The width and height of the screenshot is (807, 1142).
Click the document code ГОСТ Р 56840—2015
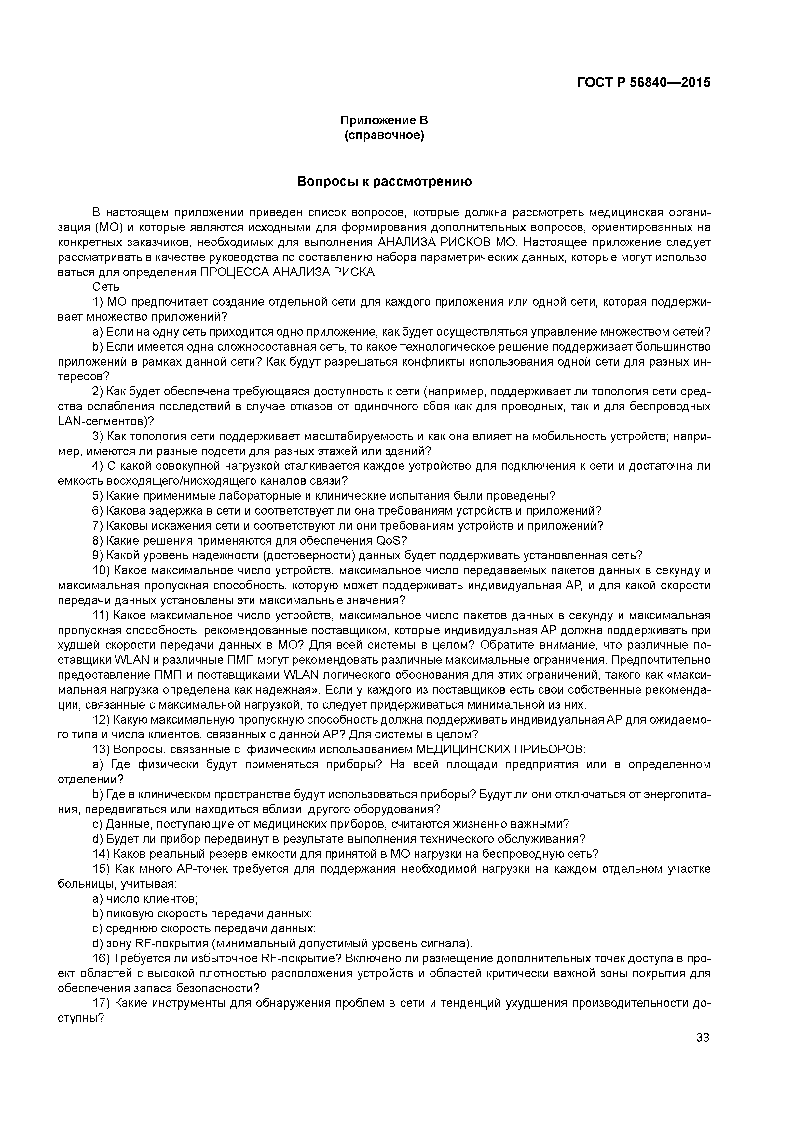coord(644,83)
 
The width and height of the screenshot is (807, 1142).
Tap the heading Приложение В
coord(384,120)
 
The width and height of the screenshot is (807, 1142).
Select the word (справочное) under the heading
coord(384,136)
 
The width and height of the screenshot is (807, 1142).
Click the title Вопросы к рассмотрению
coord(384,182)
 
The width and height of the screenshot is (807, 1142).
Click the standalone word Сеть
coord(105,287)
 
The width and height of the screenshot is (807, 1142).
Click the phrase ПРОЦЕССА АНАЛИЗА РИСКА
coord(288,272)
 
